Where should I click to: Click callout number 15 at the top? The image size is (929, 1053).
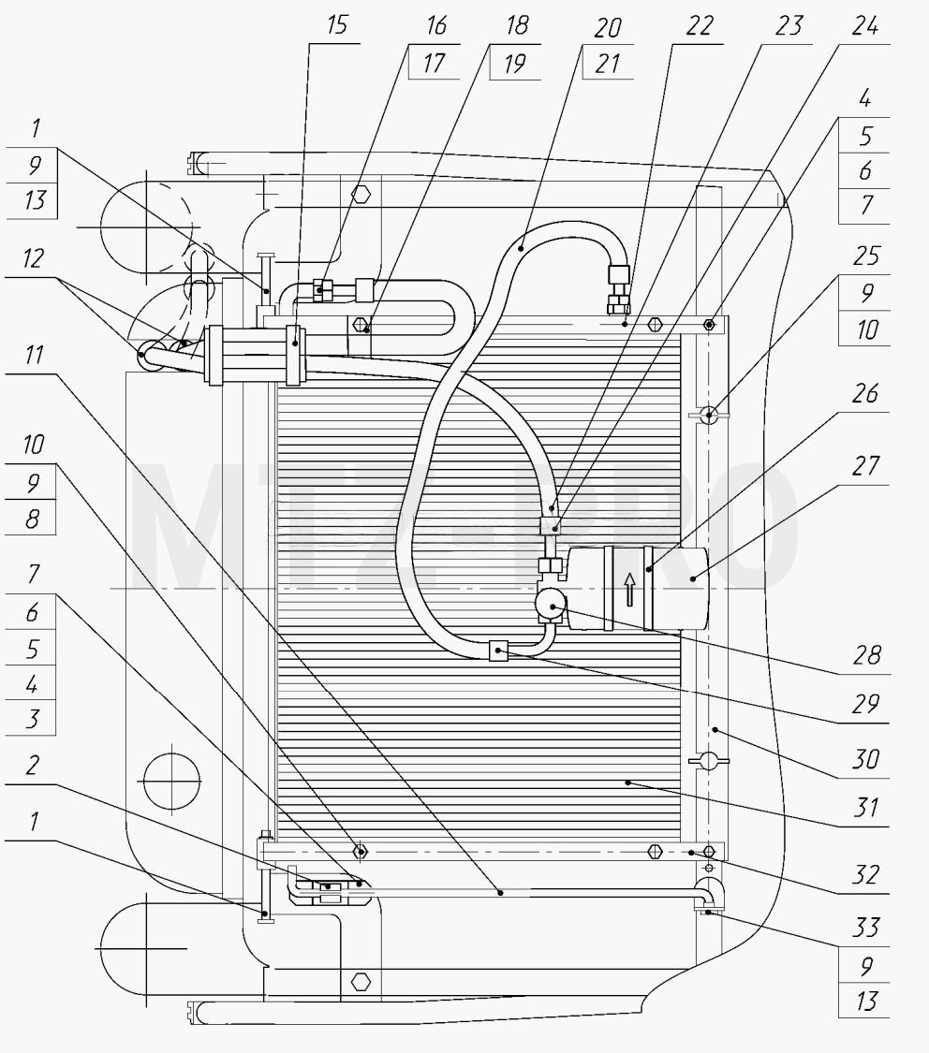tap(337, 25)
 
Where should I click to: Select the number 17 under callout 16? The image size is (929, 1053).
tap(434, 64)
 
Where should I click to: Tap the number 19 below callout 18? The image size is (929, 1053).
tap(514, 65)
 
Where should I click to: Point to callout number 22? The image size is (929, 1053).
tap(700, 26)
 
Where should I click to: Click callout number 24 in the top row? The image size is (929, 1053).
tap(864, 26)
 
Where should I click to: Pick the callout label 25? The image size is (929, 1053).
tap(866, 256)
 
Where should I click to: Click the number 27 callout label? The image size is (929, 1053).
tap(865, 466)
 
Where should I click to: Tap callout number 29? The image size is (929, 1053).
tap(866, 704)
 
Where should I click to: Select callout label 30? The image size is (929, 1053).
tap(866, 759)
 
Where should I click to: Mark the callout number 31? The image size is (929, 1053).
tap(866, 808)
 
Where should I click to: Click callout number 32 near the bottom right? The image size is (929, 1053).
tap(866, 875)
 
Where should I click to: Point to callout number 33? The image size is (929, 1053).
tap(866, 929)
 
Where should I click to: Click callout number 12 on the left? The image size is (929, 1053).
tap(33, 258)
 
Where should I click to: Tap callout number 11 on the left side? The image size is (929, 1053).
tap(34, 355)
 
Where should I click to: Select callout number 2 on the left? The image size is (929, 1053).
tap(32, 766)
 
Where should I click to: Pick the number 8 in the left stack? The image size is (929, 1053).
tap(32, 519)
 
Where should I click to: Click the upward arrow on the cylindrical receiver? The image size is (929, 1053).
tap(629, 589)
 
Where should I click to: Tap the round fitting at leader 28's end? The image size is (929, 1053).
tap(552, 604)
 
